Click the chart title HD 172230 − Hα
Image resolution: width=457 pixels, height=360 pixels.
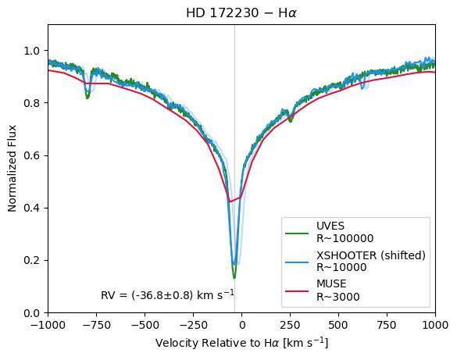pyautogui.click(x=241, y=13)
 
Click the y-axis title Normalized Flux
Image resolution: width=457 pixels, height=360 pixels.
pyautogui.click(x=12, y=169)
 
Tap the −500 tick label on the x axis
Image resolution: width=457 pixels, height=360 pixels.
pyautogui.click(x=145, y=325)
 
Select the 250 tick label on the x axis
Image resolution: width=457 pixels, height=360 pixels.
pyautogui.click(x=291, y=325)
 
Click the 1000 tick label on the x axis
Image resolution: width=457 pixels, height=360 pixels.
pyautogui.click(x=435, y=325)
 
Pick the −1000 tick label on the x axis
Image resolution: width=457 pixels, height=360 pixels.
pyautogui.click(x=48, y=325)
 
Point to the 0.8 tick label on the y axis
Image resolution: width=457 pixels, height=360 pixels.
pyautogui.click(x=31, y=103)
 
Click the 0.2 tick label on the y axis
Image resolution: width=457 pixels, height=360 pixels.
pyautogui.click(x=31, y=260)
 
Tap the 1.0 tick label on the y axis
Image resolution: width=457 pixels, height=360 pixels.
pyautogui.click(x=31, y=51)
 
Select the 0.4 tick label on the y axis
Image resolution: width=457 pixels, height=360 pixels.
pyautogui.click(x=31, y=208)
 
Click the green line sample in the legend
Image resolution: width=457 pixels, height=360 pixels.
pyautogui.click(x=296, y=233)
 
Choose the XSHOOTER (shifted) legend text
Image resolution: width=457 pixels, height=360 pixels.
pyautogui.click(x=371, y=255)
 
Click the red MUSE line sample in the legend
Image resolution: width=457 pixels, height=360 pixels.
pyautogui.click(x=296, y=291)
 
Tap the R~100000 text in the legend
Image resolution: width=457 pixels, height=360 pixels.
pyautogui.click(x=345, y=238)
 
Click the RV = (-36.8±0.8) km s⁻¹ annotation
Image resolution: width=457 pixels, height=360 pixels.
pyautogui.click(x=167, y=294)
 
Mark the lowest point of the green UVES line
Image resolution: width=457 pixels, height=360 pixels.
pyautogui.click(x=234, y=278)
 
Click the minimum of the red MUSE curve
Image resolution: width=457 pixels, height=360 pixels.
pyautogui.click(x=230, y=201)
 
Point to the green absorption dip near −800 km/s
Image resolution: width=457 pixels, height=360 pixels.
pyautogui.click(x=87, y=98)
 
